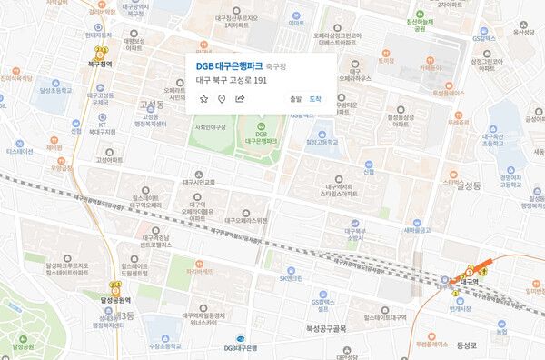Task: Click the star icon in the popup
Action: coord(204,98)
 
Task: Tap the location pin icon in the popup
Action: coord(222,98)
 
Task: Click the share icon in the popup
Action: coord(240,98)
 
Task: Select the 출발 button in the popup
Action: coord(294,98)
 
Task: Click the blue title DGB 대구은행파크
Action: coord(234,65)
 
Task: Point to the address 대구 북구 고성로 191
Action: coord(232,80)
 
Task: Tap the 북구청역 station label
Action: coord(98,65)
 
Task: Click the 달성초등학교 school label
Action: coord(54,90)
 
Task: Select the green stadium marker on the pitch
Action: coord(262,125)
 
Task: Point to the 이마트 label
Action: coord(295,22)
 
